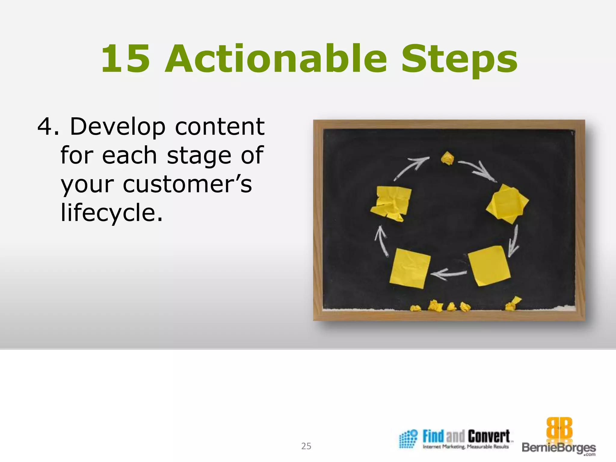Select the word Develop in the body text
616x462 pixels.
118,127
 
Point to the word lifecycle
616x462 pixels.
112,213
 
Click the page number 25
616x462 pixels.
306,446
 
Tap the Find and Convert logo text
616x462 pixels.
466,437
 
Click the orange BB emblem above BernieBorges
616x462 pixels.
559,428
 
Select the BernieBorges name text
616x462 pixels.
559,448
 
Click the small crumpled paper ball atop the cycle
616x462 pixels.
448,158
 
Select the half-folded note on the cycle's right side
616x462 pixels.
507,204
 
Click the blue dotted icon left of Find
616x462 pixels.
408,439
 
